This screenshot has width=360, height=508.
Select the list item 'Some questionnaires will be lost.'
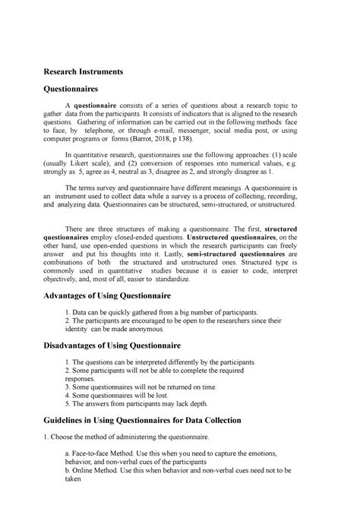pos(125,395)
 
